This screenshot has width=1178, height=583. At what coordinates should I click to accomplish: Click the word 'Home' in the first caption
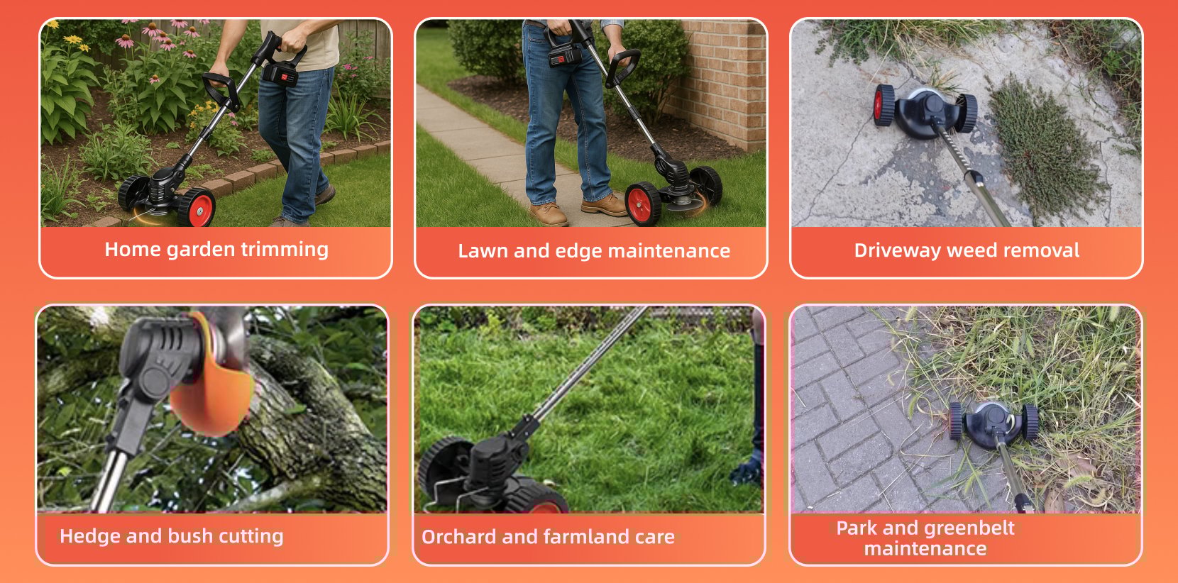point(133,249)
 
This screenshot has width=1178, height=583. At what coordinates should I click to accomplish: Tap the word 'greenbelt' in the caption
point(968,528)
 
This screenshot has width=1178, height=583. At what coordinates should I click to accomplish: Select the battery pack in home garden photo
point(280,74)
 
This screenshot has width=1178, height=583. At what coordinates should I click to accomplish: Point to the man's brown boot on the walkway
point(549,214)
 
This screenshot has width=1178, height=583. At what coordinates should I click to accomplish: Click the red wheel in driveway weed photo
point(883,105)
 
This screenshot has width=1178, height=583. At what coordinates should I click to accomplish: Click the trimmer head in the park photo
point(994,423)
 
